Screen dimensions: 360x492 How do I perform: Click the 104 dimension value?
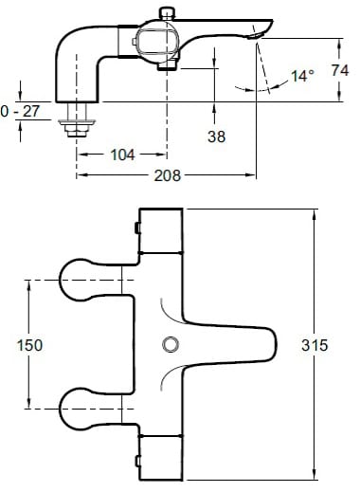122,155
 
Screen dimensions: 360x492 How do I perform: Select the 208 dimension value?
168,175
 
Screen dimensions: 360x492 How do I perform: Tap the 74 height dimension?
340,70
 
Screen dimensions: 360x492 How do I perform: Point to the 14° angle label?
302,76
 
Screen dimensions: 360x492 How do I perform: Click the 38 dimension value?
217,137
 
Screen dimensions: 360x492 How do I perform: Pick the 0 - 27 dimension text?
20,111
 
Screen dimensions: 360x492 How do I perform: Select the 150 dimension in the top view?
29,345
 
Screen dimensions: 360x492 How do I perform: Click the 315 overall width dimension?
315,345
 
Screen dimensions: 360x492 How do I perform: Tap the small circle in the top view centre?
171,344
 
